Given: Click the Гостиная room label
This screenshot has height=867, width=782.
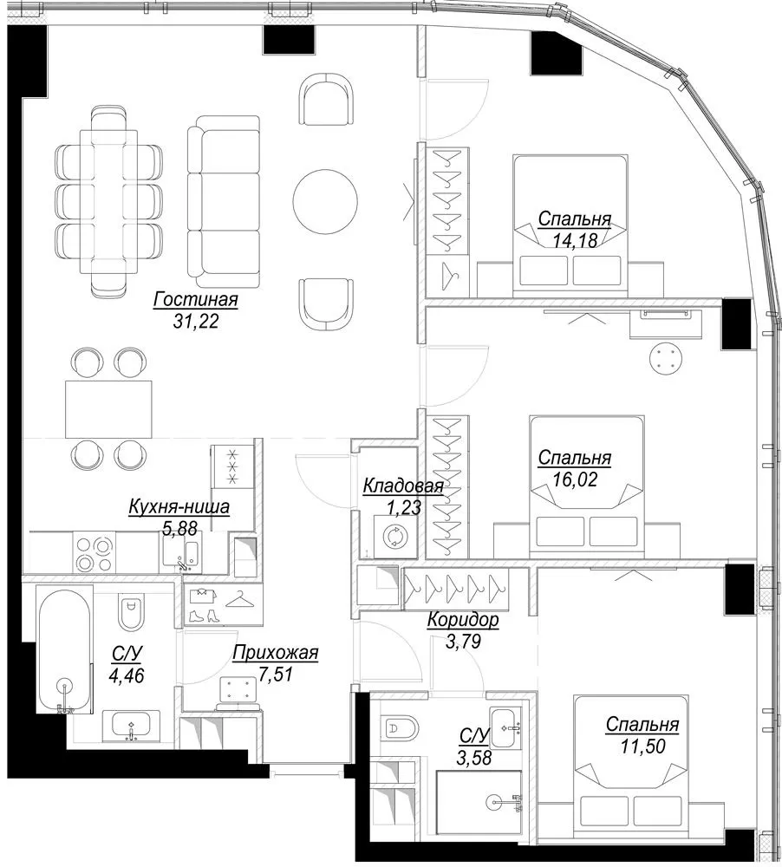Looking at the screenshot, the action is tap(196, 299).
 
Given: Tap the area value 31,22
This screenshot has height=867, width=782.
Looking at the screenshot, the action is tap(196, 321).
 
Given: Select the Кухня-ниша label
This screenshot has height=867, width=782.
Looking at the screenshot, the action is tap(179, 506).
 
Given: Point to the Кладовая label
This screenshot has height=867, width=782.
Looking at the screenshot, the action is tap(403, 486).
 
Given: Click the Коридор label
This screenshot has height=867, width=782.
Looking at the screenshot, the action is tap(463, 620).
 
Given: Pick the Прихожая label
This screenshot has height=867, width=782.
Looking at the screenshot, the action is tap(276, 653).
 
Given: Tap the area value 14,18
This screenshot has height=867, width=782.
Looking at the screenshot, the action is tap(575, 240).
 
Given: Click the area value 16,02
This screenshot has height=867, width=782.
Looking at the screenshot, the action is tap(575, 479).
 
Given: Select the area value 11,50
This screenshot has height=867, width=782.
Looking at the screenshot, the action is tap(642, 746).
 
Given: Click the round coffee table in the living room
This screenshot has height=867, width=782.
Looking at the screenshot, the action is tap(325, 201).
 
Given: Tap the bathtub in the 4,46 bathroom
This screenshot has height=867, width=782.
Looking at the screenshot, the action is tap(65, 651).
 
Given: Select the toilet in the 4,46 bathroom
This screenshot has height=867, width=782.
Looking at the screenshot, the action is tap(131, 611).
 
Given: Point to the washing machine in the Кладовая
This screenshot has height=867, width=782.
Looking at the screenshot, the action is tap(395, 536).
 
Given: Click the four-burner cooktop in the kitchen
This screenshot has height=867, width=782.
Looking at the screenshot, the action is tap(94, 551).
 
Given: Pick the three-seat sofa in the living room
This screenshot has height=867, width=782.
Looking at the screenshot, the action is tap(224, 202).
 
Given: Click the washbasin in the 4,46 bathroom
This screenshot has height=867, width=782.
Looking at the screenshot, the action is tap(131, 726).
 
